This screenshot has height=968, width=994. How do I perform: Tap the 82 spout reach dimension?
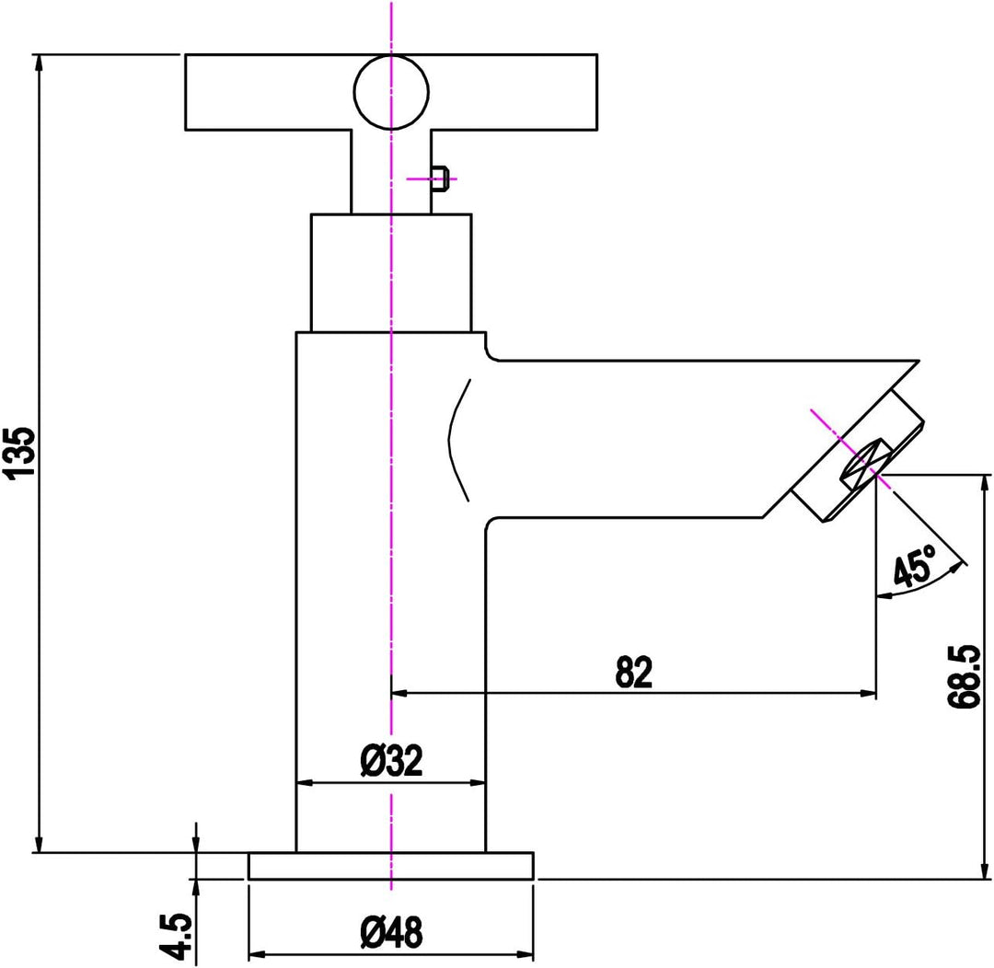pyautogui.click(x=633, y=673)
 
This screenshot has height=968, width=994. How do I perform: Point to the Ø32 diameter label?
pyautogui.click(x=391, y=761)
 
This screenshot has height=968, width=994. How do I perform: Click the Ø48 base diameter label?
pyautogui.click(x=392, y=934)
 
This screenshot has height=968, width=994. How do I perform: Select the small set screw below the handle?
pyautogui.click(x=441, y=178)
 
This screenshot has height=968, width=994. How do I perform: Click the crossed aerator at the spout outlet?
pyautogui.click(x=863, y=465)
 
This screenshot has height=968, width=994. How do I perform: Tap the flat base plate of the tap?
pyautogui.click(x=391, y=866)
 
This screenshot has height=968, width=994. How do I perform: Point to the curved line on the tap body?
pyautogui.click(x=457, y=442)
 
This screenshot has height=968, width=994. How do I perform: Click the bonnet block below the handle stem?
pyautogui.click(x=391, y=272)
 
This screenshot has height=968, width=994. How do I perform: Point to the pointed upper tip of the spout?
pyautogui.click(x=917, y=360)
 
